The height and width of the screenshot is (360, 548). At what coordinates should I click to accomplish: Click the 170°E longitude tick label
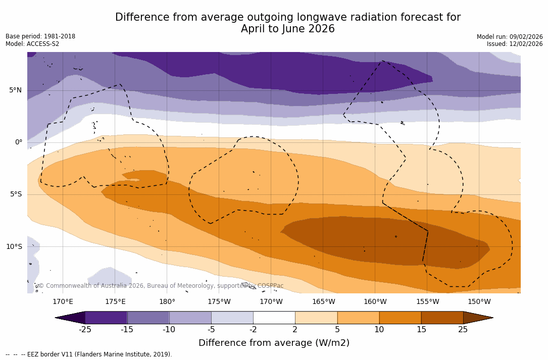pyautogui.click(x=63, y=302)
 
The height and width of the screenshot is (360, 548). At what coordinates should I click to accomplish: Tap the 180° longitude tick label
pyautogui.click(x=167, y=302)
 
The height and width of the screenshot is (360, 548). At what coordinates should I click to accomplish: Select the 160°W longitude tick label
pyautogui.click(x=375, y=302)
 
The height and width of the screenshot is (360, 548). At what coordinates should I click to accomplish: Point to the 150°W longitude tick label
pyautogui.click(x=479, y=302)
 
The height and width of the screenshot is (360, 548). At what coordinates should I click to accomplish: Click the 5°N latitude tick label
pyautogui.click(x=16, y=90)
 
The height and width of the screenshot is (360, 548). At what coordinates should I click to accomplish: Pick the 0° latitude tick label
pyautogui.click(x=19, y=142)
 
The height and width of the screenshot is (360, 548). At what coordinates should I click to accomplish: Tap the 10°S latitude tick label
pyautogui.click(x=14, y=247)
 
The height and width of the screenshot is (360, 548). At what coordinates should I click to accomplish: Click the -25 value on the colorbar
pyautogui.click(x=85, y=330)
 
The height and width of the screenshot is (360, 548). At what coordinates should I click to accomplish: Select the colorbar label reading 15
pyautogui.click(x=421, y=330)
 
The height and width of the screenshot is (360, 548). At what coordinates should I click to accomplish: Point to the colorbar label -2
pyautogui.click(x=253, y=330)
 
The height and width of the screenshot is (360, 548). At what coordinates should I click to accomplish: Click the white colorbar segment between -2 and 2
pyautogui.click(x=274, y=318)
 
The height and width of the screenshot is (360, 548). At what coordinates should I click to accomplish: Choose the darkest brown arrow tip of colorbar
pyautogui.click(x=477, y=318)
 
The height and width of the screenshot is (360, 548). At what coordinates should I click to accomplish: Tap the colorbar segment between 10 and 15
pyautogui.click(x=400, y=318)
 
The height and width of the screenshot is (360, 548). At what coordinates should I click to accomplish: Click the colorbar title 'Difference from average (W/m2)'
pyautogui.click(x=274, y=343)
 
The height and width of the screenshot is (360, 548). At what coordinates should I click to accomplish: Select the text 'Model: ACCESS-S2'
pyautogui.click(x=32, y=44)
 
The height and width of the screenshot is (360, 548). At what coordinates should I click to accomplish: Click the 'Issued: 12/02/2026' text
pyautogui.click(x=515, y=44)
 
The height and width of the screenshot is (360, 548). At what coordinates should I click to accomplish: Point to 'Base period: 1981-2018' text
pyautogui.click(x=40, y=36)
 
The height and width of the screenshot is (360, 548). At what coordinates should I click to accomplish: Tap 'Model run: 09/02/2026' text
pyautogui.click(x=510, y=36)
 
